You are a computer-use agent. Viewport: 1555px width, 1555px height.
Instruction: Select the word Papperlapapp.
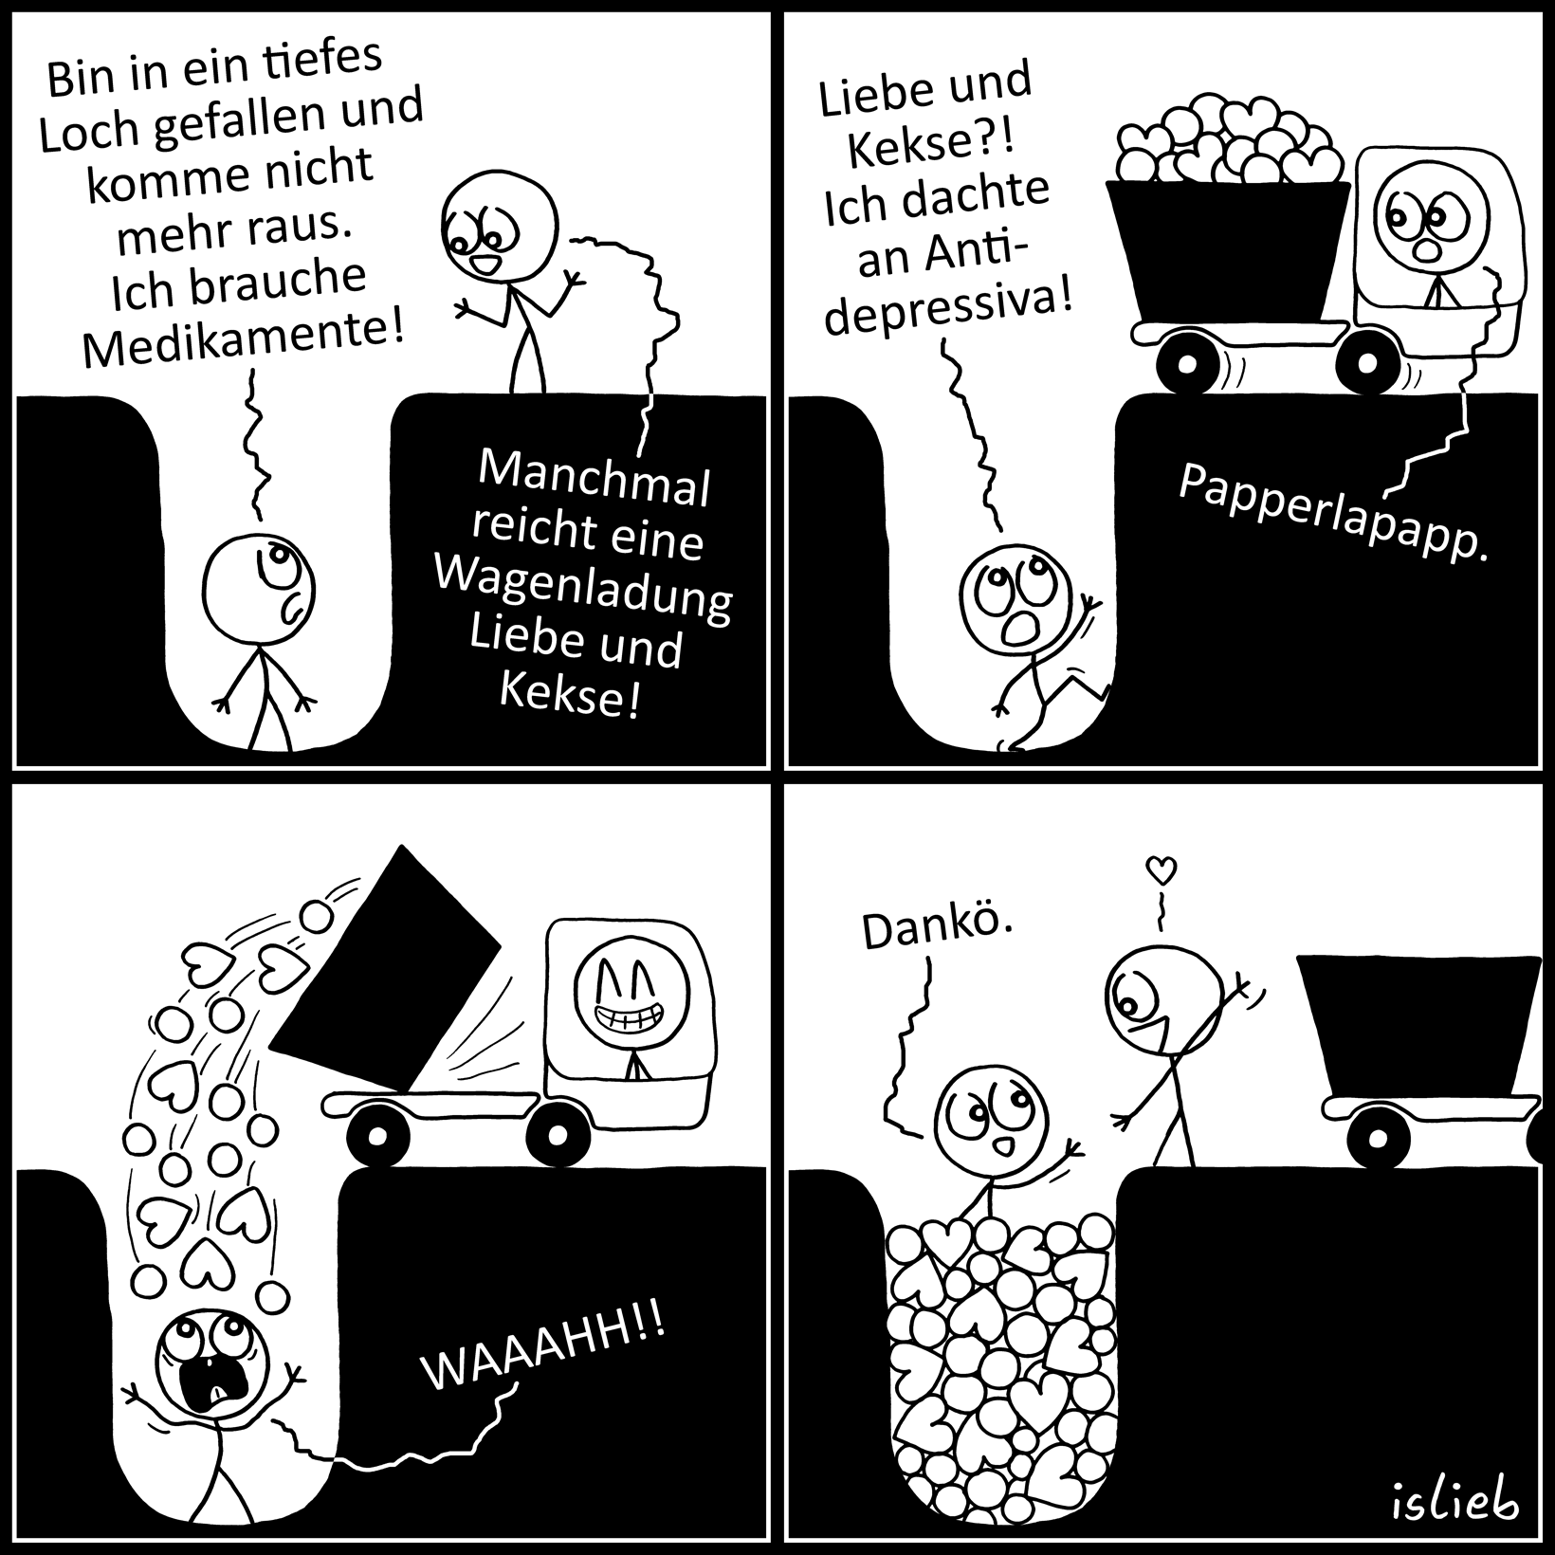click(1332, 513)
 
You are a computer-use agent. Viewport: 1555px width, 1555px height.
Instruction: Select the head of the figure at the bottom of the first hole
click(260, 590)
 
